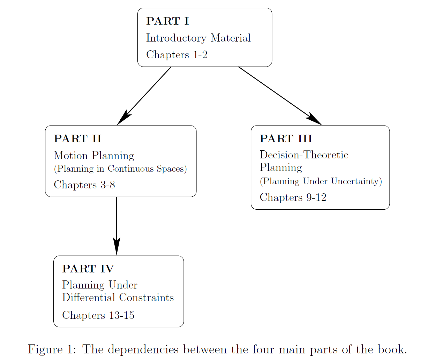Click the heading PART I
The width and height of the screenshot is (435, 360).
[x=167, y=21]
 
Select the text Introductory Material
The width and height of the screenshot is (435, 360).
[x=198, y=38]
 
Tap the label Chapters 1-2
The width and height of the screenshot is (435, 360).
[x=177, y=55]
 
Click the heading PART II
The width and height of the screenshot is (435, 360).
[x=77, y=139]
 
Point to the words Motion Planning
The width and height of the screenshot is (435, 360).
[x=94, y=155]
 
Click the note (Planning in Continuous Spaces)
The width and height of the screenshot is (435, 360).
[x=120, y=169]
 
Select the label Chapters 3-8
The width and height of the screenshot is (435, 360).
[x=84, y=185]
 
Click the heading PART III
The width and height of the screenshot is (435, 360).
[x=286, y=139]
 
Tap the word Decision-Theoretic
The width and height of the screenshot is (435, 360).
[x=304, y=155]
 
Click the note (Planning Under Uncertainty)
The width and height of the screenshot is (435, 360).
[x=321, y=181]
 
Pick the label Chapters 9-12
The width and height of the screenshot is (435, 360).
[x=293, y=197]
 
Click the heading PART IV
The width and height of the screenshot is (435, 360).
[x=88, y=269]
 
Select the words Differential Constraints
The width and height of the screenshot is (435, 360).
[x=118, y=298]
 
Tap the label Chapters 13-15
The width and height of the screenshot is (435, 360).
[x=98, y=315]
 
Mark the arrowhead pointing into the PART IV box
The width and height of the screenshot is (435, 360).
[x=117, y=246]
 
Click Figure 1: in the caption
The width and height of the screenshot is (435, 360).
[x=52, y=349]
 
